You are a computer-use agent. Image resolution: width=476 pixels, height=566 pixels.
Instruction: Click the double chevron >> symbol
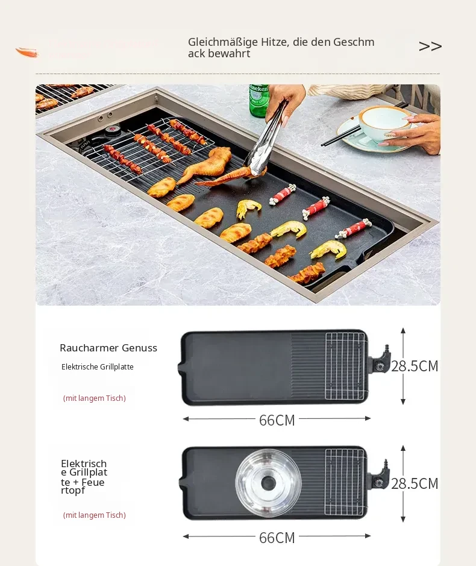tap(430, 46)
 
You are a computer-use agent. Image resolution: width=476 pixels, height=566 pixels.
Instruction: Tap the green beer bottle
tap(258, 101)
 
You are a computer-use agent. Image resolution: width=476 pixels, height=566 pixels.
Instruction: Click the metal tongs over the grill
tap(267, 137)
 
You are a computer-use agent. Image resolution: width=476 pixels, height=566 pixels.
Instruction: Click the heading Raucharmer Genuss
tap(108, 348)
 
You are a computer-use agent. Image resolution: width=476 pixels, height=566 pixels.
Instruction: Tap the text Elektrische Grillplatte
tap(98, 366)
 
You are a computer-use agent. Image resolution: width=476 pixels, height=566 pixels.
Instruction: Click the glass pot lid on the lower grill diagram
tap(268, 482)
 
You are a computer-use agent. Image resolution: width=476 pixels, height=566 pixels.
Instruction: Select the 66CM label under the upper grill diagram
tap(277, 420)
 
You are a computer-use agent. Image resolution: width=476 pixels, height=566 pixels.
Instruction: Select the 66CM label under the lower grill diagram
tap(277, 538)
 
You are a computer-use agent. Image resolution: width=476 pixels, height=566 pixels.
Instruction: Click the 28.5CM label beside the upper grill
tap(415, 366)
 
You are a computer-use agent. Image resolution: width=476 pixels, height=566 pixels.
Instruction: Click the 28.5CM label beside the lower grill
tap(415, 483)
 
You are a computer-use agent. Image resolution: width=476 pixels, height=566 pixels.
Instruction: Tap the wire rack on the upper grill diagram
tap(345, 366)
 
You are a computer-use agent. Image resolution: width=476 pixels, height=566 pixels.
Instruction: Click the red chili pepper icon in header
tap(27, 52)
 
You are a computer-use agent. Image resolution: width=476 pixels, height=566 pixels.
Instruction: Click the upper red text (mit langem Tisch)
tap(95, 398)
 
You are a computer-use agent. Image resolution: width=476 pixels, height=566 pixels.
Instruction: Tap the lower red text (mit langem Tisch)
tap(95, 515)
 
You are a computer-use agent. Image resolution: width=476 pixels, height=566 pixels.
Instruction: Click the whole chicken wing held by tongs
tap(205, 163)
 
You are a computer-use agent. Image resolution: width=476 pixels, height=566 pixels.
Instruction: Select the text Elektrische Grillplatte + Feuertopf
tap(84, 476)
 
